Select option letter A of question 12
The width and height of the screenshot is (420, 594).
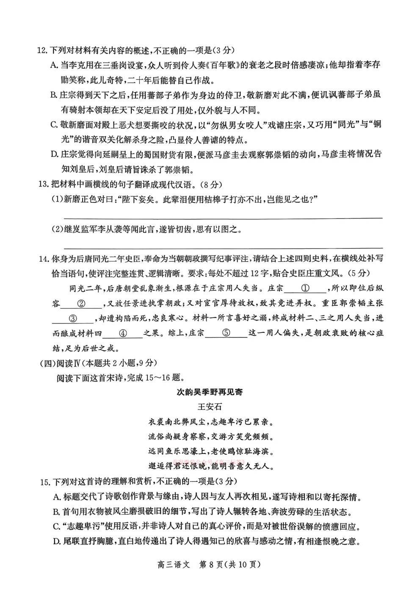pos(54,65)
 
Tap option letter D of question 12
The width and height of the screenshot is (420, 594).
pos(54,154)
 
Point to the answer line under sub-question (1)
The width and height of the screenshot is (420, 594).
pos(223,218)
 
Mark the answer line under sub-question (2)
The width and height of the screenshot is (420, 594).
pos(223,248)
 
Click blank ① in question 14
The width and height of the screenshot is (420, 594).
pos(305,289)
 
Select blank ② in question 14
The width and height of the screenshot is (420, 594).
pos(82,304)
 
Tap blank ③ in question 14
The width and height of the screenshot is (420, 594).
pos(73,319)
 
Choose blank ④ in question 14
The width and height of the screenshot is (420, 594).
pos(123,333)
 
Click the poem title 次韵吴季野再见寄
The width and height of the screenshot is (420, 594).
pos(210,392)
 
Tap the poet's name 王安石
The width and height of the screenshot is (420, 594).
pos(210,407)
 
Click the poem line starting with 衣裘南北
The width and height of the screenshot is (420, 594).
pos(210,422)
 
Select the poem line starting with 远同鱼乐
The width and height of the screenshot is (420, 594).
pos(210,451)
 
